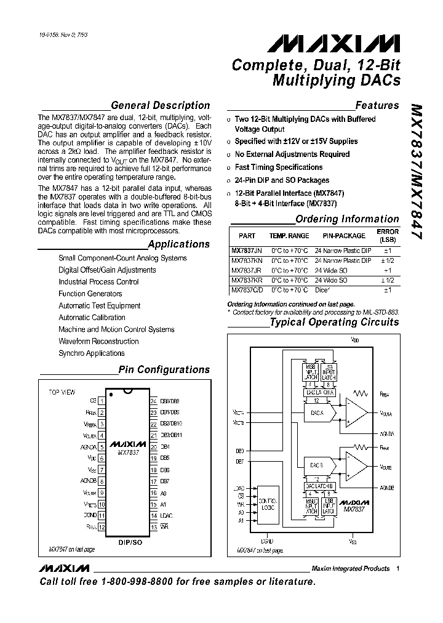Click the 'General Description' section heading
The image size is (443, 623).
[160, 105]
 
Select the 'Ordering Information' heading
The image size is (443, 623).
[347, 219]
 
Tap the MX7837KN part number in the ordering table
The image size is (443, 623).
[246, 260]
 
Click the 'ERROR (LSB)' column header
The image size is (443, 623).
[387, 236]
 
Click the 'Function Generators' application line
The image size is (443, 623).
[90, 294]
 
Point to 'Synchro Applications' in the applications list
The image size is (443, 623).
[91, 353]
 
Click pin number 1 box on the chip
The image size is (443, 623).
[102, 400]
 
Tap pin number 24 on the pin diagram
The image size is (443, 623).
[153, 400]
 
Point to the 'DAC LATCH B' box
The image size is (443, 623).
[319, 486]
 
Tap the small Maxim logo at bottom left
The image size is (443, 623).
[63, 568]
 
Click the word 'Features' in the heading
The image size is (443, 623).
[377, 105]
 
